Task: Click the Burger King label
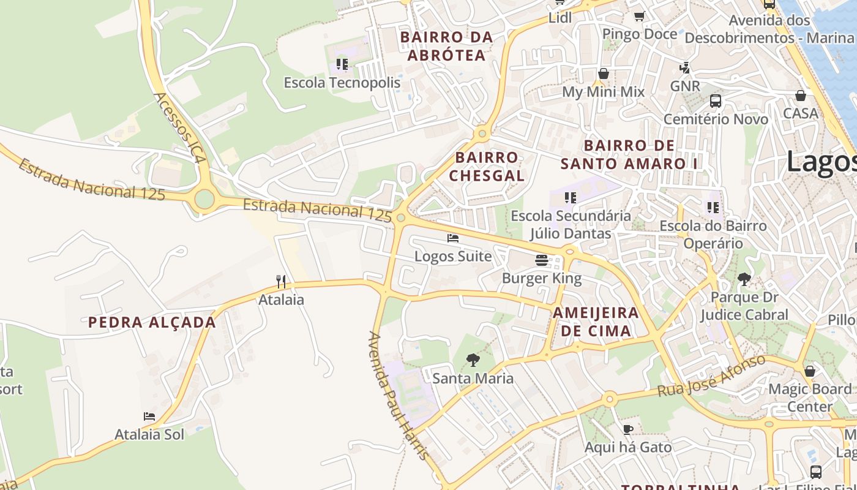[541, 279]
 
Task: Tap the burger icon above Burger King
[541, 260]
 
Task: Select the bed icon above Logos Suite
[453, 238]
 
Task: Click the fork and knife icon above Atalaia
[281, 282]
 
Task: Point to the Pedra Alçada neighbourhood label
[152, 322]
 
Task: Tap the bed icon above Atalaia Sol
[149, 417]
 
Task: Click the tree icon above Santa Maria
[473, 360]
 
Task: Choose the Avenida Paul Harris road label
[398, 396]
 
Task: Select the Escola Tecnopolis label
[342, 83]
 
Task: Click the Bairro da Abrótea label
[446, 46]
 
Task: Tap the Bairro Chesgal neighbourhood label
[487, 167]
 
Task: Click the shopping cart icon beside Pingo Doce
[640, 17]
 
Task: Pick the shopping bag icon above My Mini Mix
[604, 74]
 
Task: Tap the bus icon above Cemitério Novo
[715, 101]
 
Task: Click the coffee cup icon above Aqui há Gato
[627, 429]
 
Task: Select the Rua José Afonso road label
[711, 375]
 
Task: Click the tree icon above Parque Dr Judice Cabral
[744, 280]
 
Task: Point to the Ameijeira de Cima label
[596, 322]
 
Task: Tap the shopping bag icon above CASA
[801, 96]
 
